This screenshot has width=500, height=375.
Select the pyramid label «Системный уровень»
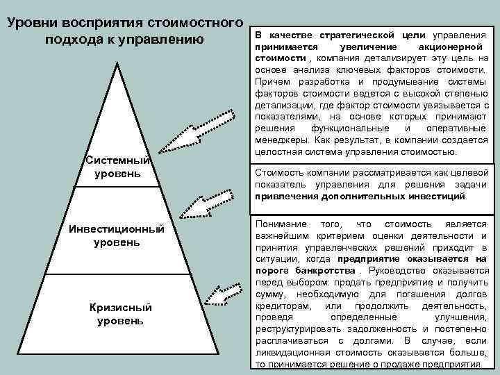117,166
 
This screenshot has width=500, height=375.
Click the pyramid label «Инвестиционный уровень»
117,236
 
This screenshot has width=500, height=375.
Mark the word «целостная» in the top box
278,152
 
